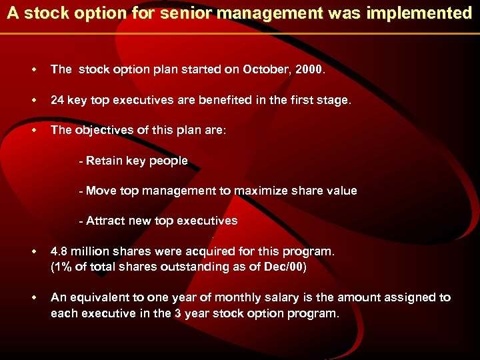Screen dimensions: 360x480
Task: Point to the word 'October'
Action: point(265,69)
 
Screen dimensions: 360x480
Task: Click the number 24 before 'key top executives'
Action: point(57,100)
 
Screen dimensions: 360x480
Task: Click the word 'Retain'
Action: point(104,161)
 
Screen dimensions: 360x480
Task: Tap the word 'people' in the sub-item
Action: point(169,161)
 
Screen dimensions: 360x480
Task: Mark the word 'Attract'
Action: point(105,221)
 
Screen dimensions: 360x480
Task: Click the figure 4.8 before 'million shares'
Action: point(59,251)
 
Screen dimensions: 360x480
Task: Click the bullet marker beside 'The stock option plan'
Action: point(32,69)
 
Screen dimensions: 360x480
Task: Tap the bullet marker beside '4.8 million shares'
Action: point(32,252)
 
